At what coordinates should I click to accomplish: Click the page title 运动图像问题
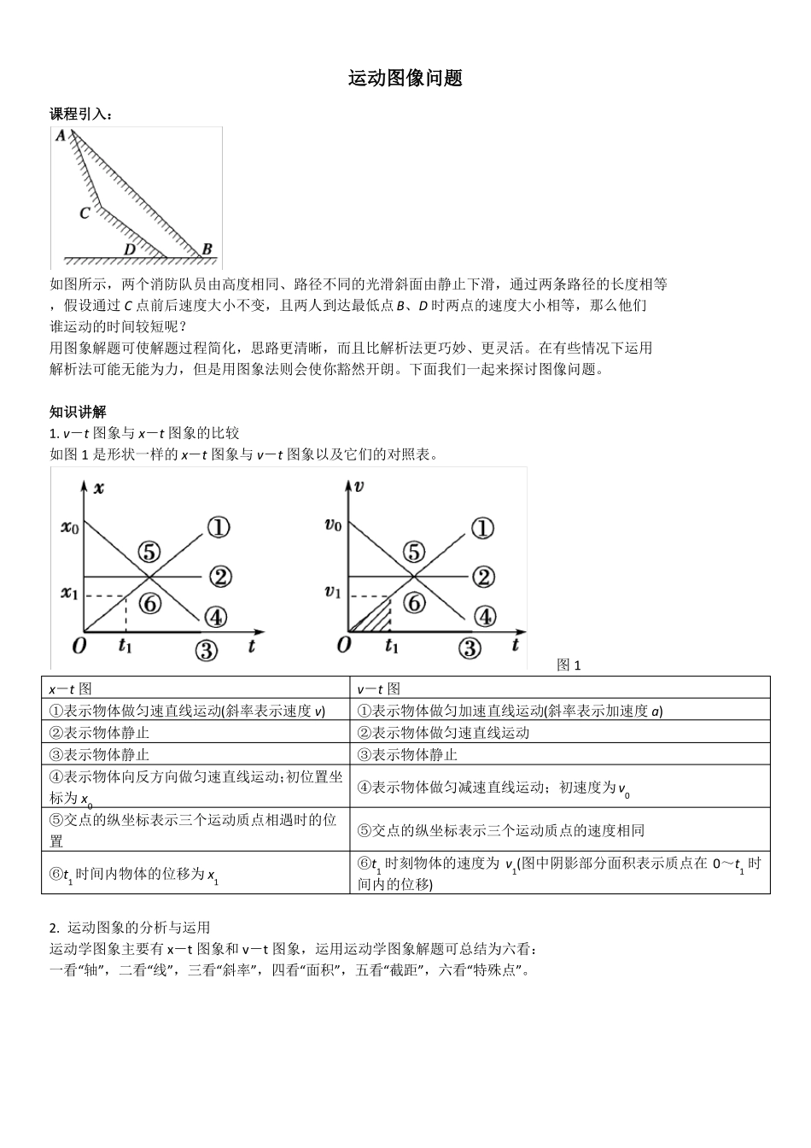[x=405, y=79]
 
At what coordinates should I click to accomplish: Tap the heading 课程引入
[x=81, y=114]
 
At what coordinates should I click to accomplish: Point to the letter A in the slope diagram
[x=61, y=136]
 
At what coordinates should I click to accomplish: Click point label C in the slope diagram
[x=85, y=213]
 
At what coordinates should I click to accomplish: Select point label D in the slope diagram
[x=129, y=249]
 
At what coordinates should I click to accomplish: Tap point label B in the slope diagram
[x=206, y=249]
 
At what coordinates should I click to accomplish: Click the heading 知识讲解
[x=78, y=412]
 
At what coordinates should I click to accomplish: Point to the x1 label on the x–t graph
[x=69, y=592]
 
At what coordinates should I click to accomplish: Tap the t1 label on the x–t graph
[x=125, y=646]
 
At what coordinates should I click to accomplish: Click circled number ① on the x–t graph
[x=219, y=527]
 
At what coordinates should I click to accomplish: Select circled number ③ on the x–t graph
[x=206, y=650]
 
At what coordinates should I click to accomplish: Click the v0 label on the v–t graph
[x=333, y=524]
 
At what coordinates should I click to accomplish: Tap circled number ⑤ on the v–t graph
[x=414, y=551]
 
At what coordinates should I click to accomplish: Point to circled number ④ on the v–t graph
[x=484, y=616]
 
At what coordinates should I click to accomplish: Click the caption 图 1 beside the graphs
[x=569, y=665]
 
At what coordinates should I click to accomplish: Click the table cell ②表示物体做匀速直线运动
[x=443, y=733]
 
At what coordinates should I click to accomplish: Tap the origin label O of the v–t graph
[x=343, y=645]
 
